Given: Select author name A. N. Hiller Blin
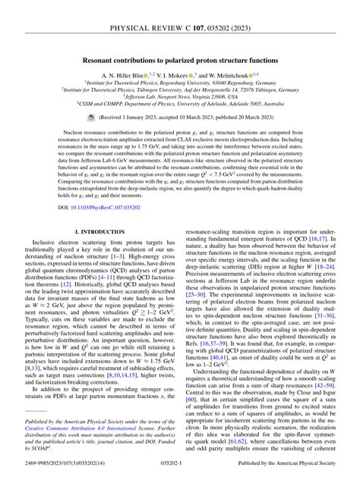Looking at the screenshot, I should pos(119,76).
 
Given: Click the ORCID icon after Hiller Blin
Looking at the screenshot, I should pos(146,76).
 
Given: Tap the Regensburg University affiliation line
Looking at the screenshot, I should pos(180,85).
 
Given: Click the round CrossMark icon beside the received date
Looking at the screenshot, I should pos(90,119).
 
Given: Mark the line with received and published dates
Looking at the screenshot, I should pos(185,119).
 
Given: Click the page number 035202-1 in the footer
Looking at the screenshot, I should pos(179,476).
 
